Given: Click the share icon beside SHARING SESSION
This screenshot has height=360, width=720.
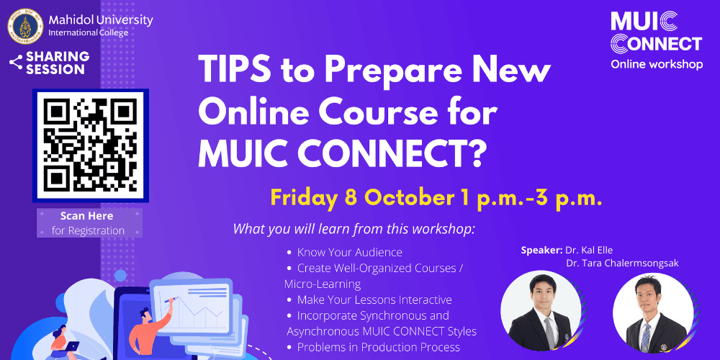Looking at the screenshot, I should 15,63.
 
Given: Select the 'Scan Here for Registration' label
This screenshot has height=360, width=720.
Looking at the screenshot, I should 88,223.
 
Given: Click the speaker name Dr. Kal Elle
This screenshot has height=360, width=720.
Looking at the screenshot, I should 590,250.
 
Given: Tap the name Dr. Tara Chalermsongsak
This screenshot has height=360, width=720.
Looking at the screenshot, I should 622,263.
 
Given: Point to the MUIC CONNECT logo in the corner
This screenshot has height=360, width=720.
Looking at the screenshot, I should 655,32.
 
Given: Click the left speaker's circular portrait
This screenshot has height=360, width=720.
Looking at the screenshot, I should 541,311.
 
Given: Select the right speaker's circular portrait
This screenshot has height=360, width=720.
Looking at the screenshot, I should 652,312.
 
